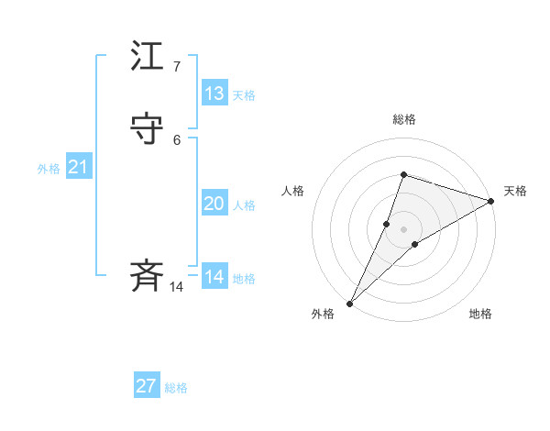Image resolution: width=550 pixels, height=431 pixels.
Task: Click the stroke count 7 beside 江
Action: [x=177, y=67]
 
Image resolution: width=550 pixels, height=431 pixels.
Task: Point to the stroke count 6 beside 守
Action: [x=177, y=139]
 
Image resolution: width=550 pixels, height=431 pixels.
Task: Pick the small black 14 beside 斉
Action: [x=176, y=287]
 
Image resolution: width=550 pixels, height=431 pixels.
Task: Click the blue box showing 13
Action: [x=214, y=93]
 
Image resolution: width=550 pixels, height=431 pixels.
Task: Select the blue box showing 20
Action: [x=214, y=204]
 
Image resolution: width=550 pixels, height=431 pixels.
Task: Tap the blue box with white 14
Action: [x=214, y=276]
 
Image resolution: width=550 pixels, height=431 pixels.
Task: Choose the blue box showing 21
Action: [x=78, y=167]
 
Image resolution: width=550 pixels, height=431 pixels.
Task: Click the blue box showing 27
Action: [x=147, y=386]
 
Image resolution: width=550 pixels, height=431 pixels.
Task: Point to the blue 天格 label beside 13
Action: [x=244, y=95]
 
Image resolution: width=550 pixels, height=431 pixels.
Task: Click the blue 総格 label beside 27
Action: [x=176, y=389]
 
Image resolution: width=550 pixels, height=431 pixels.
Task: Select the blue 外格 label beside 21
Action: [x=49, y=169]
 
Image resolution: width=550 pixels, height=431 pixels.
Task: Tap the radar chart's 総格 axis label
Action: [x=404, y=119]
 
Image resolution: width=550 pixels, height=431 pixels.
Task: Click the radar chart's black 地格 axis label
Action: [x=480, y=315]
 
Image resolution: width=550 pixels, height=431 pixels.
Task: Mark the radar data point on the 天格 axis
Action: [x=491, y=202]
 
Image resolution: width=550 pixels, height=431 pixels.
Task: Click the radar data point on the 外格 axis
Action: [x=349, y=304]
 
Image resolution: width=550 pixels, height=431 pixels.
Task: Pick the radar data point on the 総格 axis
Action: [x=403, y=174]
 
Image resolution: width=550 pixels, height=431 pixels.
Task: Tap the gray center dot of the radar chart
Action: [x=403, y=229]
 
